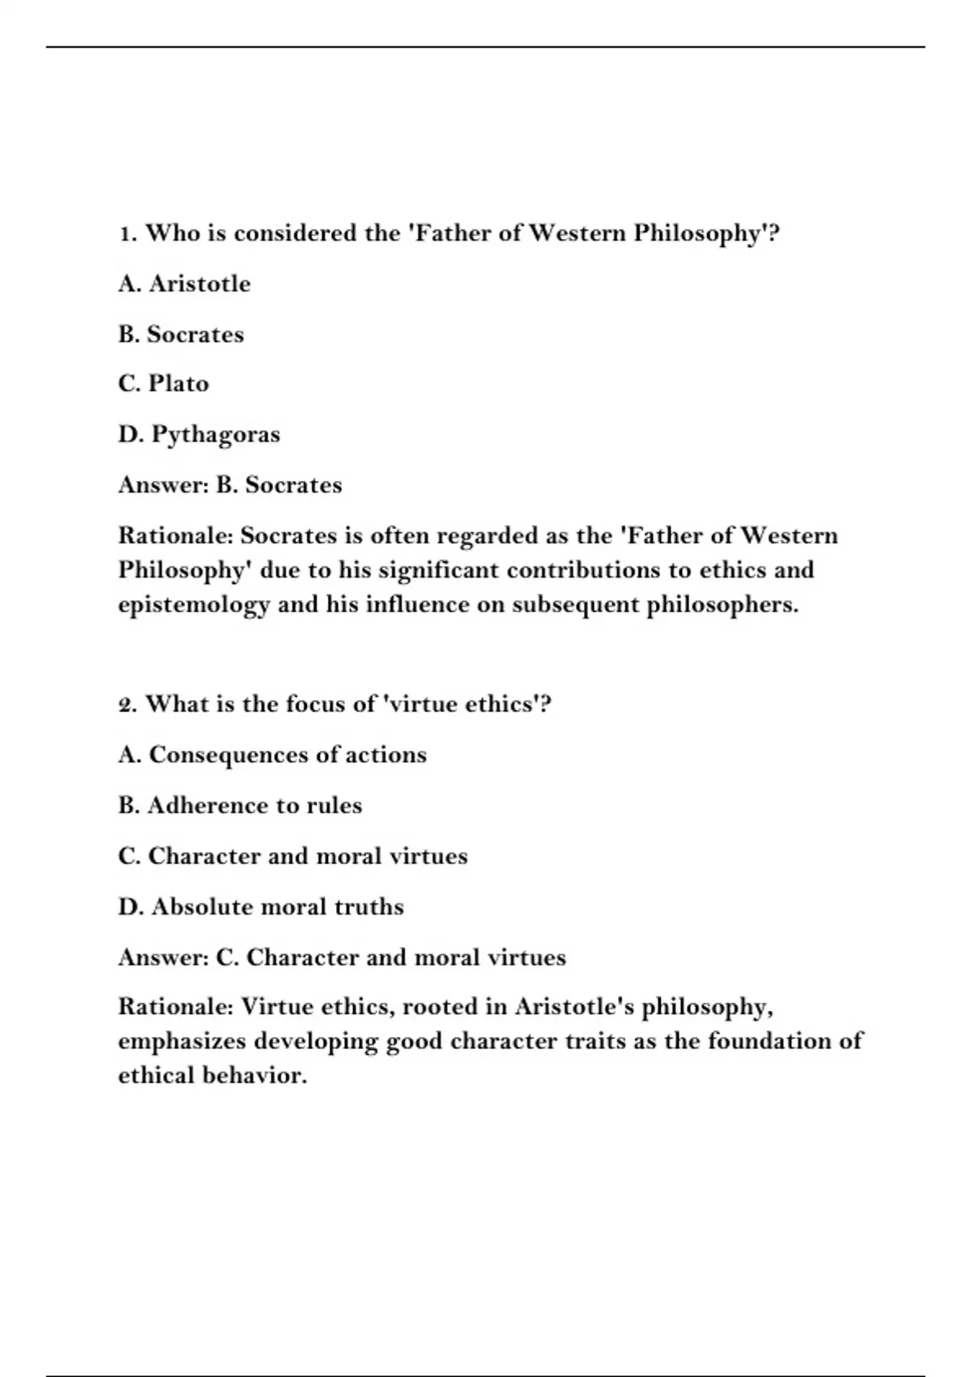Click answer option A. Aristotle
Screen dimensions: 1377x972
pos(184,284)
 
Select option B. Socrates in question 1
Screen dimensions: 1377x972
pos(181,335)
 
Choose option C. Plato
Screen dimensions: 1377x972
pos(163,384)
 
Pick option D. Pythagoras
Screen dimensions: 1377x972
pos(199,435)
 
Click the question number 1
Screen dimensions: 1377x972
pos(126,234)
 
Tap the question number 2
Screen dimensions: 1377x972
pos(126,705)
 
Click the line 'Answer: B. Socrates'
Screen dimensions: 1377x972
pos(230,485)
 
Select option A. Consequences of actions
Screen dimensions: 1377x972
pos(272,755)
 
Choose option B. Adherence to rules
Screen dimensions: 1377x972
pos(240,806)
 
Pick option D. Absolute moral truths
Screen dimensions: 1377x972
pos(261,907)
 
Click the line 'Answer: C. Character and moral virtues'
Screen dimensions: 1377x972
pos(342,957)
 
